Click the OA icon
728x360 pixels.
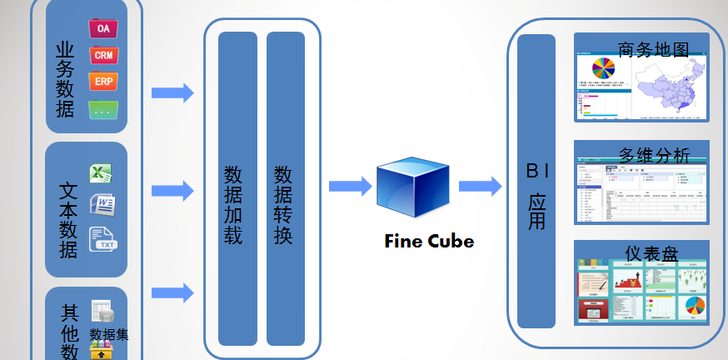(103, 28)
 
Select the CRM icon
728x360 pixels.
(103, 55)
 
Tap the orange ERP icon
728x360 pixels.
(103, 82)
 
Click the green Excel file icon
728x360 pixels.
(102, 174)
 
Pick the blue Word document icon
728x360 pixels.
(102, 203)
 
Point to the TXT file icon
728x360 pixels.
(103, 238)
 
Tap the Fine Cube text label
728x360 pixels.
(429, 242)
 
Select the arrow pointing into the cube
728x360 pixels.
(350, 187)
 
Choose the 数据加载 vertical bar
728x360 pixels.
(237, 188)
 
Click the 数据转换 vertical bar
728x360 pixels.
(286, 188)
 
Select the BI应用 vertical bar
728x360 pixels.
(536, 182)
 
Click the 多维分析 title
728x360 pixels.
(654, 156)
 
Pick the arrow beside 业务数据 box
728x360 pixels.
(172, 93)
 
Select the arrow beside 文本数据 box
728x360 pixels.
(172, 191)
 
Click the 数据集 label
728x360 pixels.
(109, 335)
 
